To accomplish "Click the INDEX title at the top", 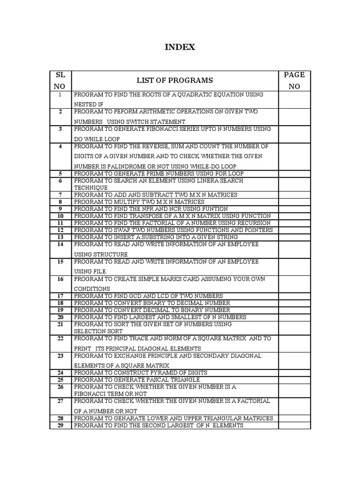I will click(180, 47).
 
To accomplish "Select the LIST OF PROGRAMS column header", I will click(175, 81).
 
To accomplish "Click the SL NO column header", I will click(60, 81).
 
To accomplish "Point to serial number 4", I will click(60, 146).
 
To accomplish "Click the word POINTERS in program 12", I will click(256, 230).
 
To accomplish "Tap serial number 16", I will click(60, 279).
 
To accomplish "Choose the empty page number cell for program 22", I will click(294, 343).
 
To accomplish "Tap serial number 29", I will click(60, 425).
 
